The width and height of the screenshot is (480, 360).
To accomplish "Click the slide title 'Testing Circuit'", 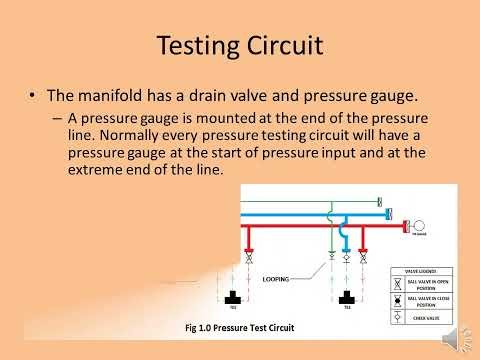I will [x=239, y=46].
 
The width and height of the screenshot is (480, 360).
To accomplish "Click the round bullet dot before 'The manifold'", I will [x=36, y=97].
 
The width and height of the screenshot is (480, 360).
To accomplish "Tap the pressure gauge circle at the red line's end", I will [x=419, y=226].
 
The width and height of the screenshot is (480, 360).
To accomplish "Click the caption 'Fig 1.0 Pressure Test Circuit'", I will [x=239, y=326].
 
